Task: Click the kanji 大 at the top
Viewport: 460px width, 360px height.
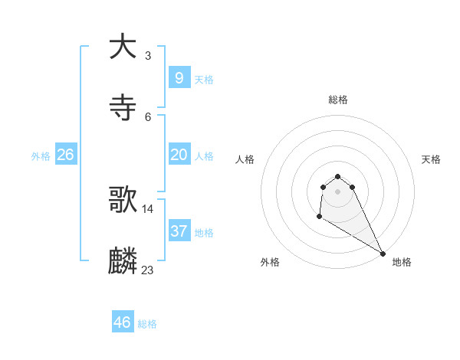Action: (x=123, y=47)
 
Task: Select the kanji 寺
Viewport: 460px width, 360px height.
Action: (x=123, y=108)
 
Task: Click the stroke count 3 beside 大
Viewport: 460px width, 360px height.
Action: (x=148, y=55)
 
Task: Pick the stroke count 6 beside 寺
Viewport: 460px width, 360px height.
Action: (x=148, y=116)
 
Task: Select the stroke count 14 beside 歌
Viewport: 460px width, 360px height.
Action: (x=148, y=208)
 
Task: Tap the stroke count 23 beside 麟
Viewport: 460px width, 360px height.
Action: (x=148, y=270)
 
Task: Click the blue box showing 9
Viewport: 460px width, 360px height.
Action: (x=179, y=77)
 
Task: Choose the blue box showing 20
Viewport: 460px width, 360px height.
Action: (x=179, y=155)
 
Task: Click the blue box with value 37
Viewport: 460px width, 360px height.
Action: (x=179, y=231)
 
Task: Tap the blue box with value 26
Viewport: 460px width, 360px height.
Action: (x=65, y=155)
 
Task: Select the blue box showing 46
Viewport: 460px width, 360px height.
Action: (x=123, y=322)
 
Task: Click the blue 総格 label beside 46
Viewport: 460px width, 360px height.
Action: (x=147, y=324)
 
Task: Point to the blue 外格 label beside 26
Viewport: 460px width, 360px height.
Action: (x=41, y=156)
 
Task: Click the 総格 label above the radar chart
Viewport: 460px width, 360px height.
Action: (x=338, y=100)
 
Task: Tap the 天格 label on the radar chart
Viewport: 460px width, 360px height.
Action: (x=431, y=159)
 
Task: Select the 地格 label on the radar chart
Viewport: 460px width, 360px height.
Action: (x=402, y=262)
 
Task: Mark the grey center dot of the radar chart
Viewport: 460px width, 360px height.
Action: (x=337, y=191)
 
